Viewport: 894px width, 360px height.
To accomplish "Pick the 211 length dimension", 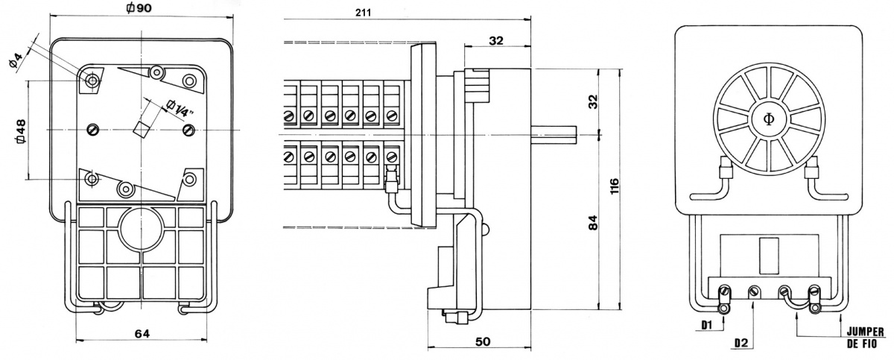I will coord(364,11).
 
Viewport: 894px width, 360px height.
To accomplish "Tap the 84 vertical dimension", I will coord(593,224).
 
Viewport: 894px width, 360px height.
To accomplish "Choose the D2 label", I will coord(740,343).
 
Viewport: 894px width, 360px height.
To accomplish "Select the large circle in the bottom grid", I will coord(141,228).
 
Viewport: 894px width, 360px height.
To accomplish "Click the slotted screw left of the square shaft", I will coord(94,129).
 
